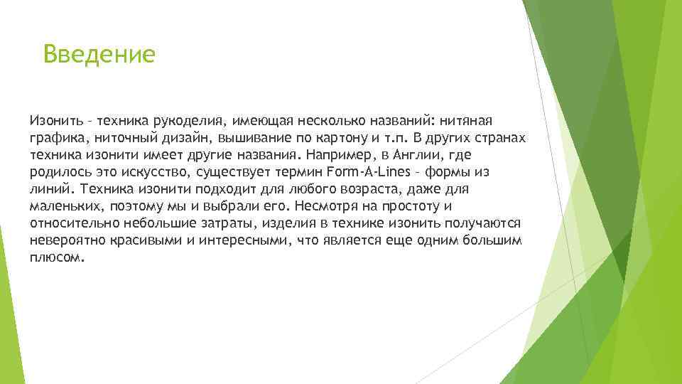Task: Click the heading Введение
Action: [x=98, y=53]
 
